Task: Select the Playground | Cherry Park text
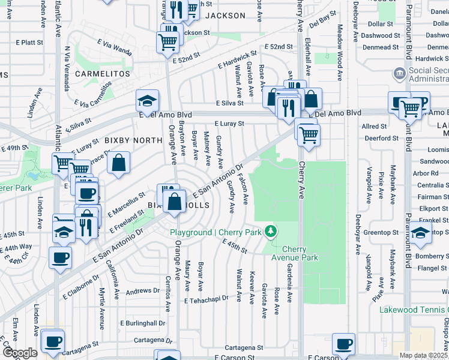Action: [217, 232]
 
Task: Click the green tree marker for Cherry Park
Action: [271, 231]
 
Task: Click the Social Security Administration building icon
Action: [399, 74]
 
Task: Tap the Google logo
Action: [19, 353]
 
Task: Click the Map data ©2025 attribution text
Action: [423, 355]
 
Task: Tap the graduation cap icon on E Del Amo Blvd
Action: [146, 101]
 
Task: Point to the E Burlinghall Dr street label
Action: [142, 323]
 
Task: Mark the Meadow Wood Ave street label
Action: [339, 49]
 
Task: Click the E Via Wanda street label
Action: [115, 46]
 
